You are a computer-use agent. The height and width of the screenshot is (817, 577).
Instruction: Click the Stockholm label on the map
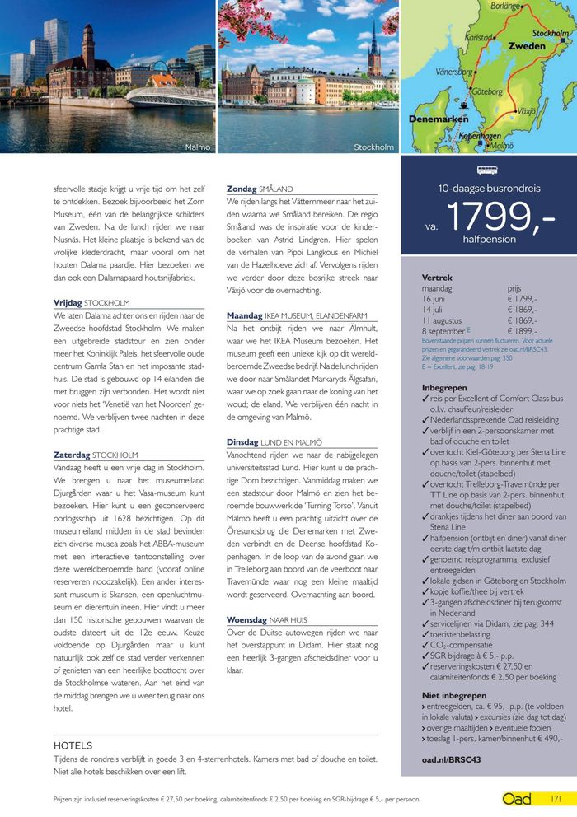550,33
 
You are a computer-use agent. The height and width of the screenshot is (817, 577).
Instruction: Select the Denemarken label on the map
439,119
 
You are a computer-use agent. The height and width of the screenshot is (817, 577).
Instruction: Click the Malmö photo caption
198,147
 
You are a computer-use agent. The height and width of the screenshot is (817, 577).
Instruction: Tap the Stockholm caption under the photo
373,147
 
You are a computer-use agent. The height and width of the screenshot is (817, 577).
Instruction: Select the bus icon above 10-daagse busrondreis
488,171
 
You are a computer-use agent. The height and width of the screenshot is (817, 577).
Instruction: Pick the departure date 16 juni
437,299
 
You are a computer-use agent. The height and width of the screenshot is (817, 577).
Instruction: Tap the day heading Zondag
242,189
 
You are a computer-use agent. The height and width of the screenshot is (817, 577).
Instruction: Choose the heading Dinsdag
243,442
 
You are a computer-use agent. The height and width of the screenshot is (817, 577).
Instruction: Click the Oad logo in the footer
518,799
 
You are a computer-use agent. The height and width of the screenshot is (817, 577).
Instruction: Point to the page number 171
557,799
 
